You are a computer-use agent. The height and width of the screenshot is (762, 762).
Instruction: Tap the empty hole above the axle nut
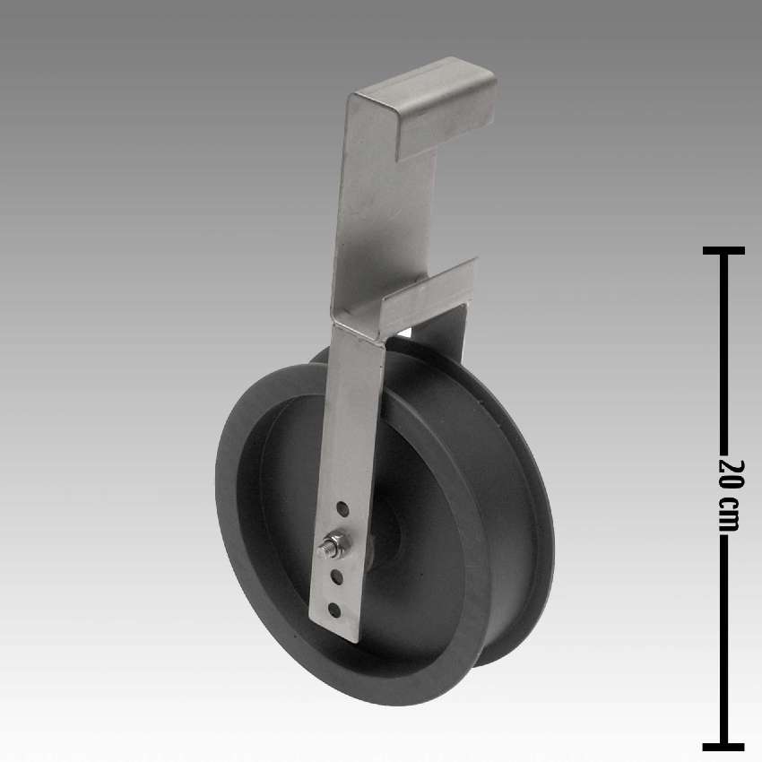tap(342, 509)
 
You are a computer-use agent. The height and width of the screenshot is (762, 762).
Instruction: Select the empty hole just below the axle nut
tap(337, 577)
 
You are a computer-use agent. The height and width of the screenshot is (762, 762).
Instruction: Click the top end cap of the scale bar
tap(723, 251)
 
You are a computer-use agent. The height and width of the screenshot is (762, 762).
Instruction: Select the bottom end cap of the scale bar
tap(723, 747)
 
